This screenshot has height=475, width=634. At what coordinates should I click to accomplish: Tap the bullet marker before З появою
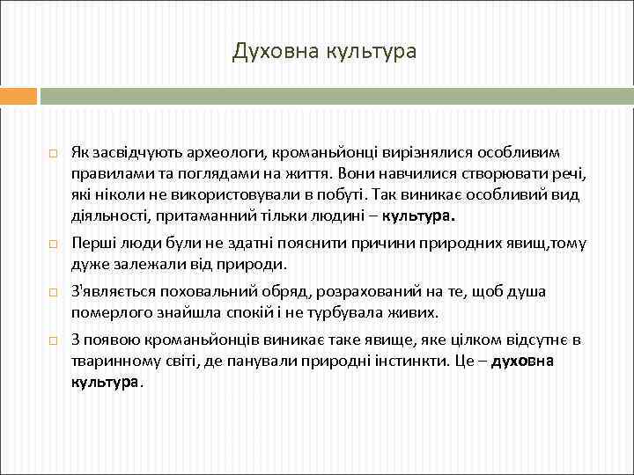coord(52,341)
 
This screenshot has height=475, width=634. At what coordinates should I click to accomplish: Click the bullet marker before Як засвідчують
coord(52,155)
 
